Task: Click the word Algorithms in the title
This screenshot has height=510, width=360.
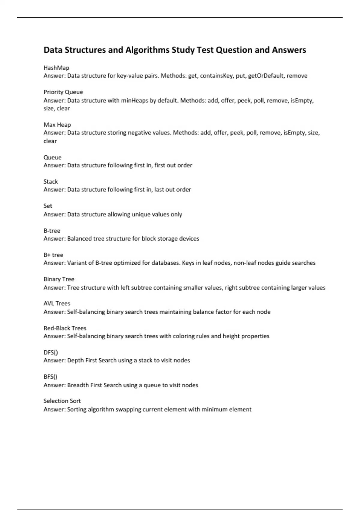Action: click(x=147, y=50)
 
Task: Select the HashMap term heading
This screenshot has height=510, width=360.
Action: click(x=56, y=68)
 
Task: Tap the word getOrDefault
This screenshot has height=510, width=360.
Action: click(x=266, y=76)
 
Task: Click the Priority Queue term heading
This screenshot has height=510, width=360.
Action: click(x=63, y=92)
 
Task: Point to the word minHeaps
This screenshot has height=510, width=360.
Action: click(x=134, y=100)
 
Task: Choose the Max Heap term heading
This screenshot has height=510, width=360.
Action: click(x=57, y=125)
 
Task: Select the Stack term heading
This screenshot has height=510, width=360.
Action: click(x=51, y=181)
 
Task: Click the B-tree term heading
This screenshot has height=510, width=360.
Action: click(x=52, y=231)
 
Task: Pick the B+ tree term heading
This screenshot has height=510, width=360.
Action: click(x=53, y=255)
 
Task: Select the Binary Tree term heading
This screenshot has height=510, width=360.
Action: click(x=59, y=279)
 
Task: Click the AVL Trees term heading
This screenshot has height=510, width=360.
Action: click(x=57, y=304)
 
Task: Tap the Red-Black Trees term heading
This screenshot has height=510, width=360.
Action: click(x=65, y=328)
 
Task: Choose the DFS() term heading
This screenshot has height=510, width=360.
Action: click(x=51, y=352)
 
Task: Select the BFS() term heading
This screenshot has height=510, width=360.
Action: click(x=50, y=377)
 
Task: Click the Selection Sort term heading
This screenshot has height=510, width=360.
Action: click(x=62, y=401)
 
